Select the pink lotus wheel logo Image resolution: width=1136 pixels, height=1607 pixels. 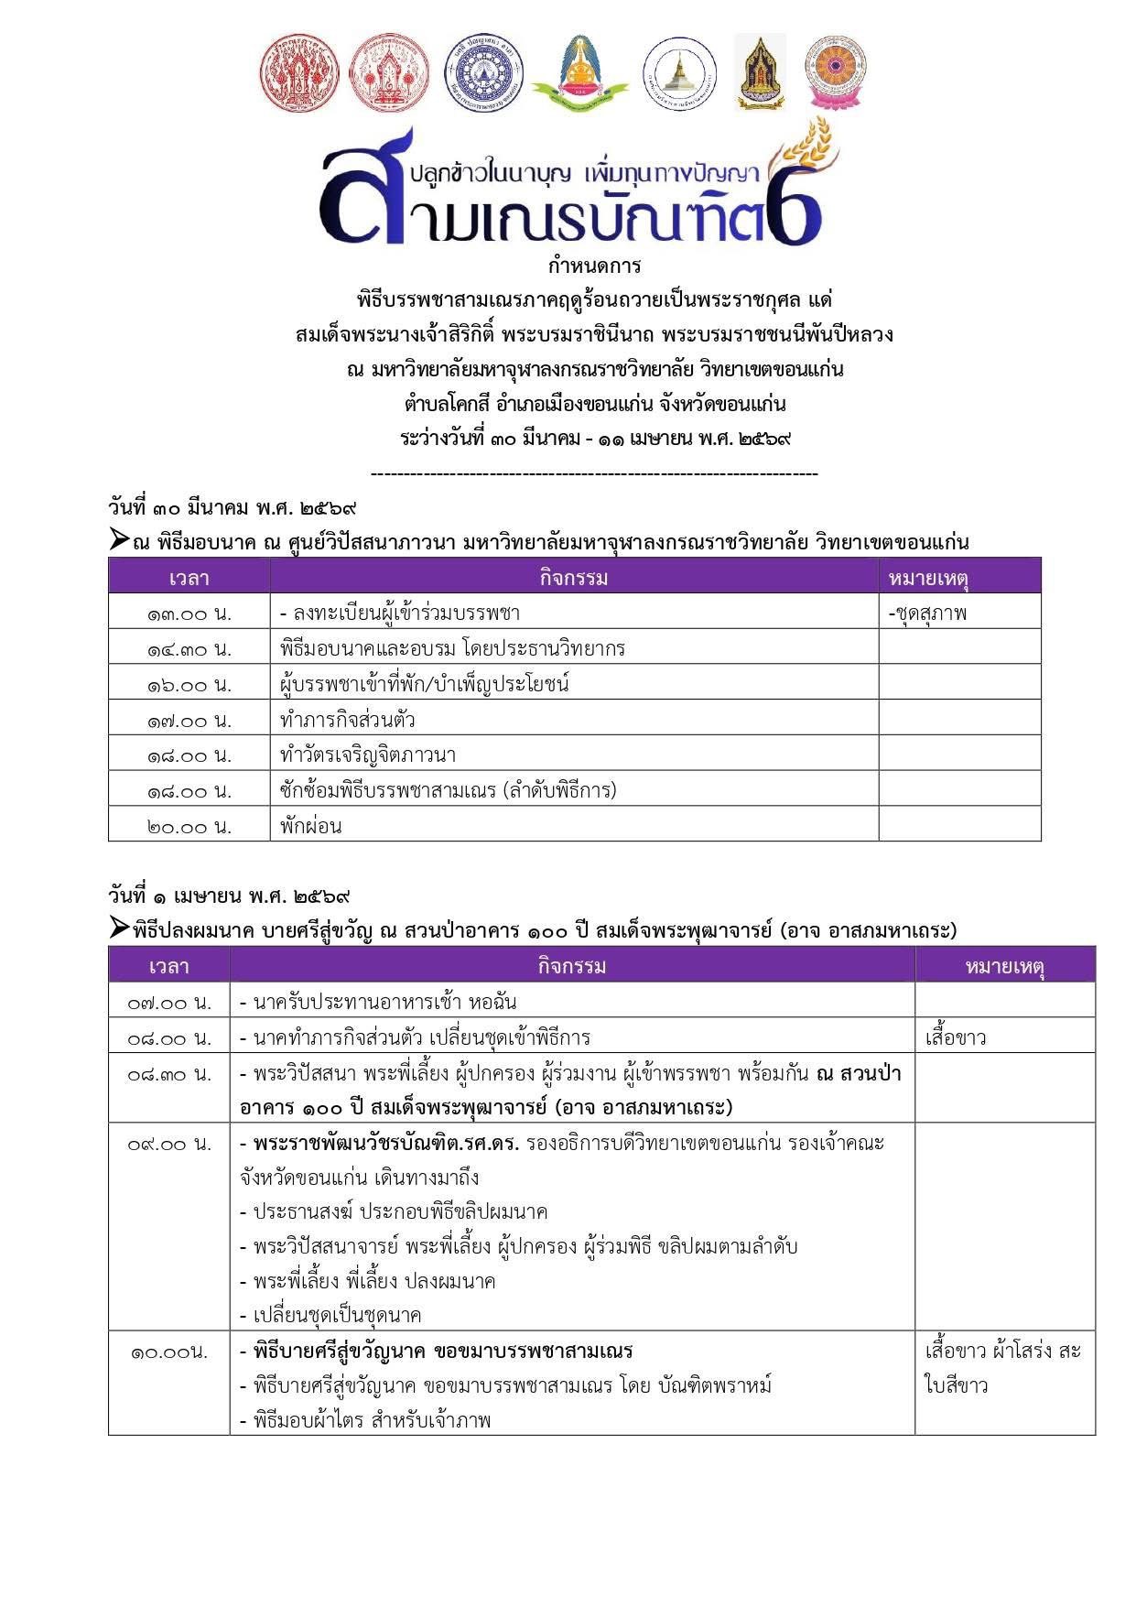834,73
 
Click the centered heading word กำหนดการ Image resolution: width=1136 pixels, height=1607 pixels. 594,266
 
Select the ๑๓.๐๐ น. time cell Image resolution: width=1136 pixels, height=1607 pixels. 189,613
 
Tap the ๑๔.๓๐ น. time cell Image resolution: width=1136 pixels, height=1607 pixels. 189,649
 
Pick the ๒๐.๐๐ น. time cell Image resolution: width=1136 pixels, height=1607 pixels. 189,826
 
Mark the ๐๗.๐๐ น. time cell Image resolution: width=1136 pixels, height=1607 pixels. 169,1003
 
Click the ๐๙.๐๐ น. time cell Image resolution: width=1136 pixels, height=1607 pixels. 169,1144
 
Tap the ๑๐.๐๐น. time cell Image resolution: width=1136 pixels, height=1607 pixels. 169,1352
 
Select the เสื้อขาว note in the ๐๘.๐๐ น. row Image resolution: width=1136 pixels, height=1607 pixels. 956,1038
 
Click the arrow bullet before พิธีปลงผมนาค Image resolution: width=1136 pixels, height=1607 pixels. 119,928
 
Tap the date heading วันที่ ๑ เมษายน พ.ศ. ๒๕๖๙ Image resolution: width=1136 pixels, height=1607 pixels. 230,895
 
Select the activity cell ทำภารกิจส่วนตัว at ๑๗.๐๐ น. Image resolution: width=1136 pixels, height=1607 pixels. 348,720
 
